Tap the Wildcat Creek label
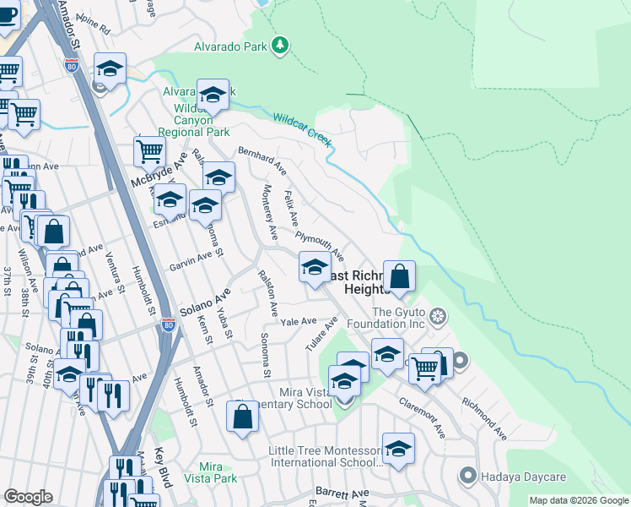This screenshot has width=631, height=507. pyautogui.click(x=300, y=128)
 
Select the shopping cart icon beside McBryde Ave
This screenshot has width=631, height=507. pyautogui.click(x=149, y=152)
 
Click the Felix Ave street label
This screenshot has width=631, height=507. pyautogui.click(x=292, y=208)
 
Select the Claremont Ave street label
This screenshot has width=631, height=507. pyautogui.click(x=422, y=417)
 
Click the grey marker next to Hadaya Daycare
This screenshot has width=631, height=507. pyautogui.click(x=467, y=476)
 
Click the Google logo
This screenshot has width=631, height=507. pyautogui.click(x=28, y=497)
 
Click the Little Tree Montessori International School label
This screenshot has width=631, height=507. pyautogui.click(x=326, y=457)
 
